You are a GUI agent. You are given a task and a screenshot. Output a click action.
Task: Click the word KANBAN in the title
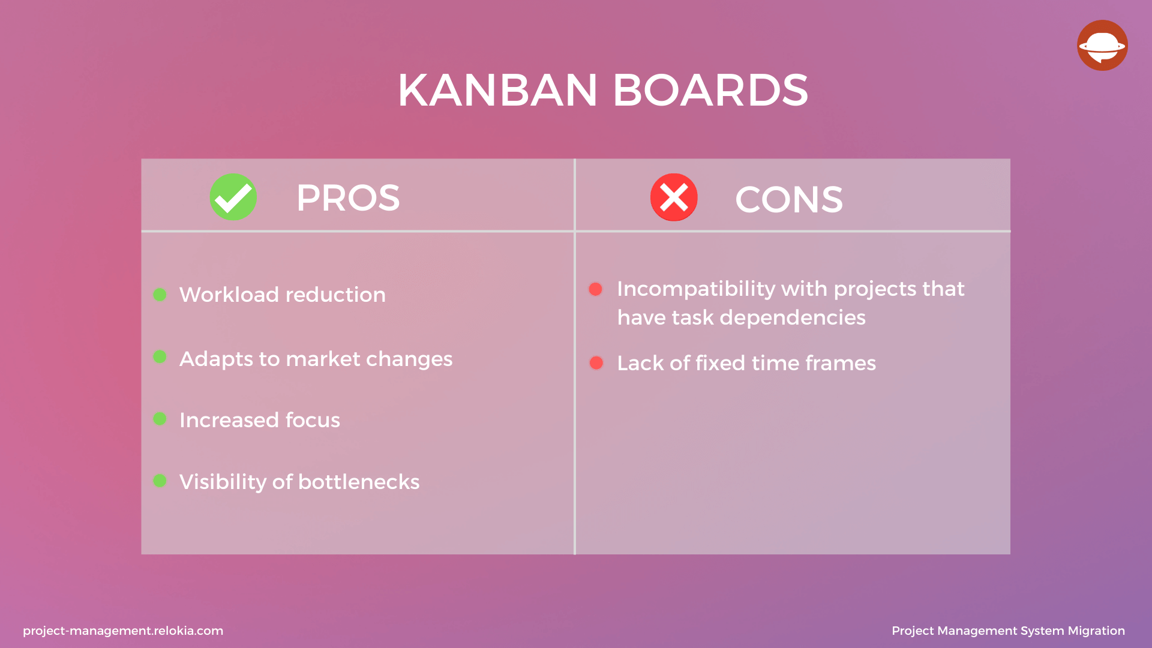click(497, 91)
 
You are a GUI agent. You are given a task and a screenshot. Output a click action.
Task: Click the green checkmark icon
click(233, 197)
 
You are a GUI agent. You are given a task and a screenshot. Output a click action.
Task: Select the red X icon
click(674, 197)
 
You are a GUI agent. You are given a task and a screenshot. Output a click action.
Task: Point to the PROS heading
click(348, 198)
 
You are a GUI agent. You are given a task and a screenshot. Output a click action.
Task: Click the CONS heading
click(789, 199)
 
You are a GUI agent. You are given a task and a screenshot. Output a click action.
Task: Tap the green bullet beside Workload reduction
click(160, 295)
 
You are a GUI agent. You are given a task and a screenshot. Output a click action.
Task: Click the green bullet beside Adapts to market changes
click(160, 357)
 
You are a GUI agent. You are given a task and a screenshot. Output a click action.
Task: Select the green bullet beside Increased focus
click(160, 418)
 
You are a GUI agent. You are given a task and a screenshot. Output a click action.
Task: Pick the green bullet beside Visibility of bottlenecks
click(160, 481)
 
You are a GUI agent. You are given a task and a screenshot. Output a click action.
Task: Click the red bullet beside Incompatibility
click(596, 289)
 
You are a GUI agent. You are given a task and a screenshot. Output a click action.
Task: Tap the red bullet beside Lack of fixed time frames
click(596, 363)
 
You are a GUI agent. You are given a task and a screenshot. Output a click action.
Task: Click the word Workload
click(229, 295)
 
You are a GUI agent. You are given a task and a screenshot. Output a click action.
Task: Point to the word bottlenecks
click(359, 482)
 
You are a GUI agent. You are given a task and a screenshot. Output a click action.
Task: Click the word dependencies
click(793, 317)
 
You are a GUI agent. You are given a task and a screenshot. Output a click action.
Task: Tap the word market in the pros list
click(323, 359)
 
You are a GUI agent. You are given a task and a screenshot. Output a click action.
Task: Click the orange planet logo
click(1102, 46)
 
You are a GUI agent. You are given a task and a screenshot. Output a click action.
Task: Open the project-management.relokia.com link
click(123, 631)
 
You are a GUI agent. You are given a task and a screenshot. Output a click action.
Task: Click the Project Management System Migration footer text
click(1008, 631)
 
